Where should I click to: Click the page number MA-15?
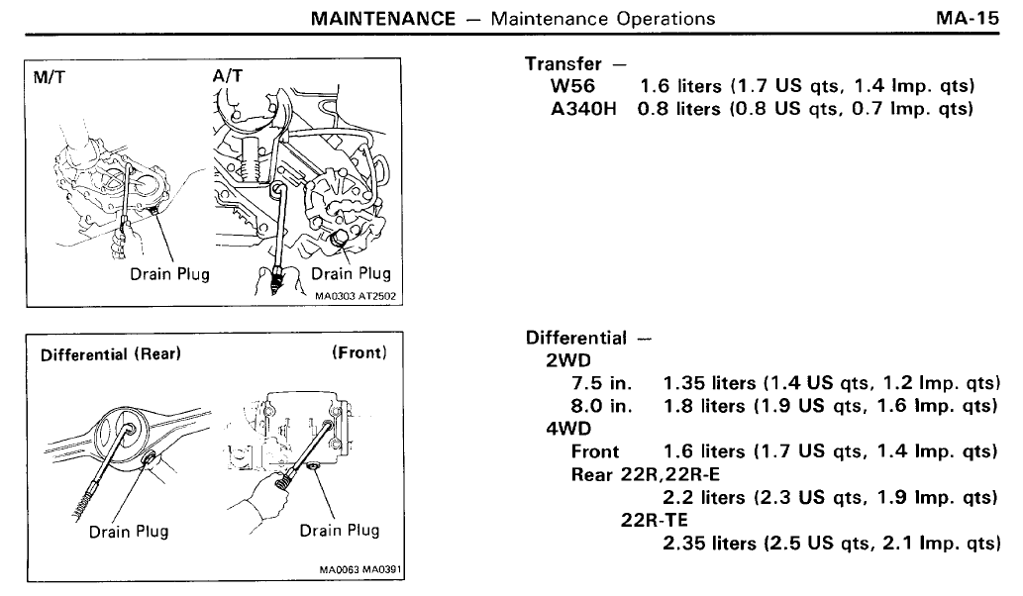[x=967, y=18]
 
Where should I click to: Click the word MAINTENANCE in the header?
[x=383, y=18]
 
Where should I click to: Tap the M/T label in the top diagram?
[x=50, y=77]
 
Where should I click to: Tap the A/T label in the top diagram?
[x=228, y=76]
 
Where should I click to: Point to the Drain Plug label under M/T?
[x=169, y=274]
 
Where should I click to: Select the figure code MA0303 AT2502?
[x=355, y=296]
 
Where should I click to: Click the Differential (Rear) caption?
[x=111, y=354]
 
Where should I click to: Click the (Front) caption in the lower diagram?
[x=359, y=352]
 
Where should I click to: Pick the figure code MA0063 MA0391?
[x=360, y=570]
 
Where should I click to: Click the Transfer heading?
[x=563, y=64]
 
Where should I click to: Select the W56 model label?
[x=572, y=86]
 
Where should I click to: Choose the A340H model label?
[x=583, y=108]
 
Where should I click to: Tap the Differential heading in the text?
[x=576, y=338]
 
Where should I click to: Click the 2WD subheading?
[x=568, y=360]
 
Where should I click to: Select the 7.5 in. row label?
[x=601, y=383]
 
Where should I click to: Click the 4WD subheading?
[x=568, y=429]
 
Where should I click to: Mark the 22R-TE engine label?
[x=655, y=520]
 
